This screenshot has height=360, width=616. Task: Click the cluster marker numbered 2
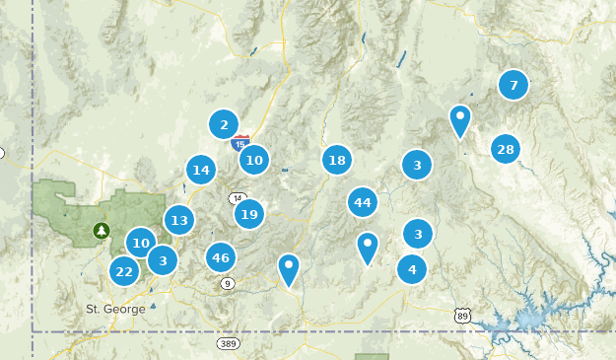click(224, 124)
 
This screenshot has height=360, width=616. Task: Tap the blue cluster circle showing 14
click(201, 171)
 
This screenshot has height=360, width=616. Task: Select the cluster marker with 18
click(337, 160)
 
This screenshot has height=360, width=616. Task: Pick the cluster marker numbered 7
click(513, 85)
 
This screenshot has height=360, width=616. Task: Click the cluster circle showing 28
click(506, 149)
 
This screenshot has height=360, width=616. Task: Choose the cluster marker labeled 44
click(363, 202)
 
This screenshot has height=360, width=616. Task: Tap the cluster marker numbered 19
click(248, 214)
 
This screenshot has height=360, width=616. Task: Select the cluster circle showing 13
click(178, 221)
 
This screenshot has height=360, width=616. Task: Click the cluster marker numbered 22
click(123, 271)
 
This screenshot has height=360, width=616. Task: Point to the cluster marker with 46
click(221, 258)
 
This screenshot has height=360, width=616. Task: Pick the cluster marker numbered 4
click(412, 268)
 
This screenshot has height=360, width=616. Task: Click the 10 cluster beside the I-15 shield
click(254, 159)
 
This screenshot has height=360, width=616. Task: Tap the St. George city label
click(115, 309)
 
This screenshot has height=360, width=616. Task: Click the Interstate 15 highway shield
click(240, 143)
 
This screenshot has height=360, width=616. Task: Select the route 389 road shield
click(229, 343)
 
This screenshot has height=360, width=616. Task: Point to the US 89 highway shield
click(462, 316)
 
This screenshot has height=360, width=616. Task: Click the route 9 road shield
click(228, 284)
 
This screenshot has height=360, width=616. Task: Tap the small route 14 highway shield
click(238, 197)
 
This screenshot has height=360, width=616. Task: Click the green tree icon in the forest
click(101, 231)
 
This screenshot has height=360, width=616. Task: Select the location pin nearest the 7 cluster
click(459, 120)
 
